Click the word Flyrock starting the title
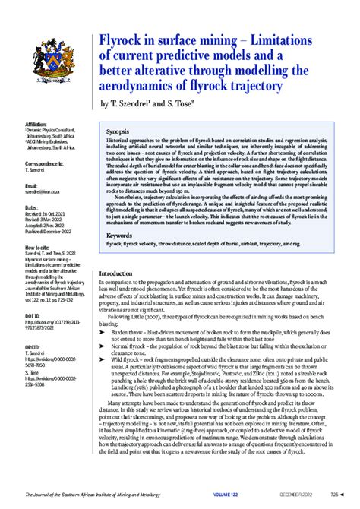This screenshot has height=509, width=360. point(125,40)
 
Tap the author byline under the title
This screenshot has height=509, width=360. point(153,103)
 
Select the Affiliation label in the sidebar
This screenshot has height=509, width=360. point(36,122)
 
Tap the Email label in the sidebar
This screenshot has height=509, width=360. point(31,185)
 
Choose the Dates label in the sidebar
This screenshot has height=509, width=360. point(32,207)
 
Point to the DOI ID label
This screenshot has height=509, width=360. point(33,314)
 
